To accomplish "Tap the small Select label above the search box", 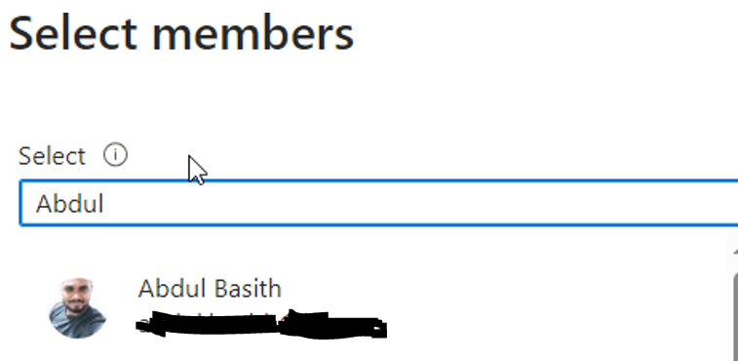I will (x=53, y=156).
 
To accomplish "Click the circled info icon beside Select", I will (x=115, y=155).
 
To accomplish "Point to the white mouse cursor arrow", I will (x=196, y=169).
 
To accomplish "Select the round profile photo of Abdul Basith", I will (x=77, y=307).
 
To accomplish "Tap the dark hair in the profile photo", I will (x=77, y=287).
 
